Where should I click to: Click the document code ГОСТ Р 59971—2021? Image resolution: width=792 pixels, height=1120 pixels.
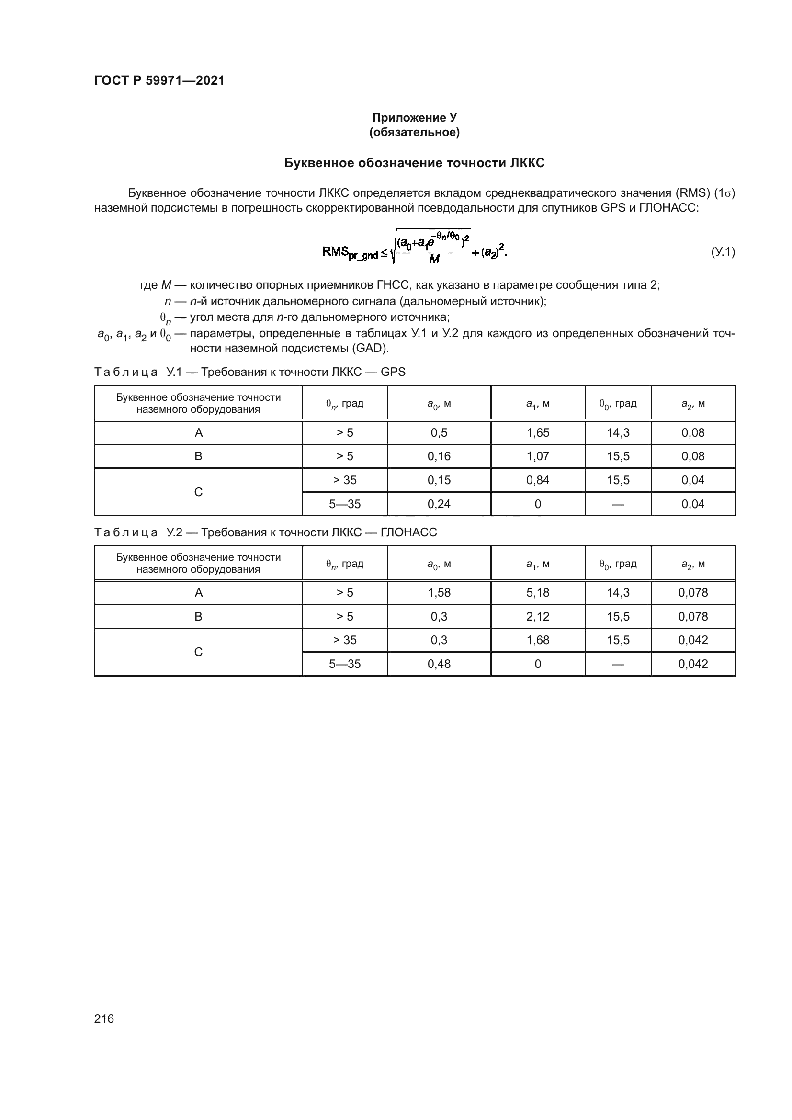tap(159, 80)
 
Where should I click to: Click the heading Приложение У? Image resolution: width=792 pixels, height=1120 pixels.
tap(414, 118)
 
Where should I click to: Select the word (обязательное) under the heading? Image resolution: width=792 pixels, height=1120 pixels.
tap(414, 132)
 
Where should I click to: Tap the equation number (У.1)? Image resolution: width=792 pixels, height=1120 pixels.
tap(722, 252)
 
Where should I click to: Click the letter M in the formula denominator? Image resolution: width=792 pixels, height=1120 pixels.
tap(433, 260)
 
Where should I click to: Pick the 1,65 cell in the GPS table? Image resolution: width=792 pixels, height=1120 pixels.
tap(537, 433)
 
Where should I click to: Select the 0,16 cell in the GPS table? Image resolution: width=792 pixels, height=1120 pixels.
tap(439, 456)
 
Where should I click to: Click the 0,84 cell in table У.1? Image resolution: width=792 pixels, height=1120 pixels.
tap(537, 480)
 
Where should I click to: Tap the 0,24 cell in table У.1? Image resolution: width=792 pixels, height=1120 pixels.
tap(439, 504)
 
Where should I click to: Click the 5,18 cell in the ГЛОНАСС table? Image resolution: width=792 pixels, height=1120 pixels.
tap(537, 593)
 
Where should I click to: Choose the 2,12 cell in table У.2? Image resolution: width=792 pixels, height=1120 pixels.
tap(537, 616)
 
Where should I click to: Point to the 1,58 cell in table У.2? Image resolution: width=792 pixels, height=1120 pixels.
tap(439, 593)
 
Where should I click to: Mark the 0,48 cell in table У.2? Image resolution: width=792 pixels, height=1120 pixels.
tap(439, 664)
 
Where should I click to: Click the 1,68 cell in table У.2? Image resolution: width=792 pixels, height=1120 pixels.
tap(537, 640)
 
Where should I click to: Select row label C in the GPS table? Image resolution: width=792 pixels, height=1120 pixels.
tap(198, 492)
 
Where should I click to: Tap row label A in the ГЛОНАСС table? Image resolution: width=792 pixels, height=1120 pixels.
tap(198, 593)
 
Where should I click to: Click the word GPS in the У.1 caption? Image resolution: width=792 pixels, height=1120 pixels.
tap(393, 372)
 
